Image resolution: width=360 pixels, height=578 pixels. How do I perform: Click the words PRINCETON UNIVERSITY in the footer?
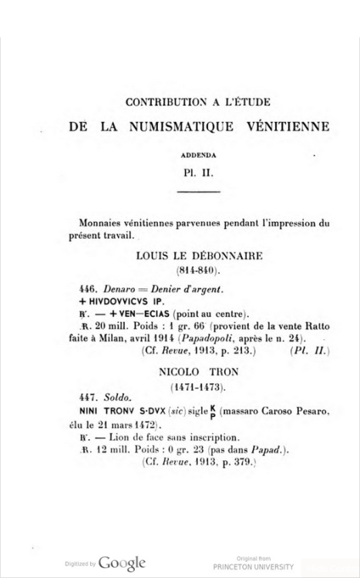(x=265, y=566)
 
